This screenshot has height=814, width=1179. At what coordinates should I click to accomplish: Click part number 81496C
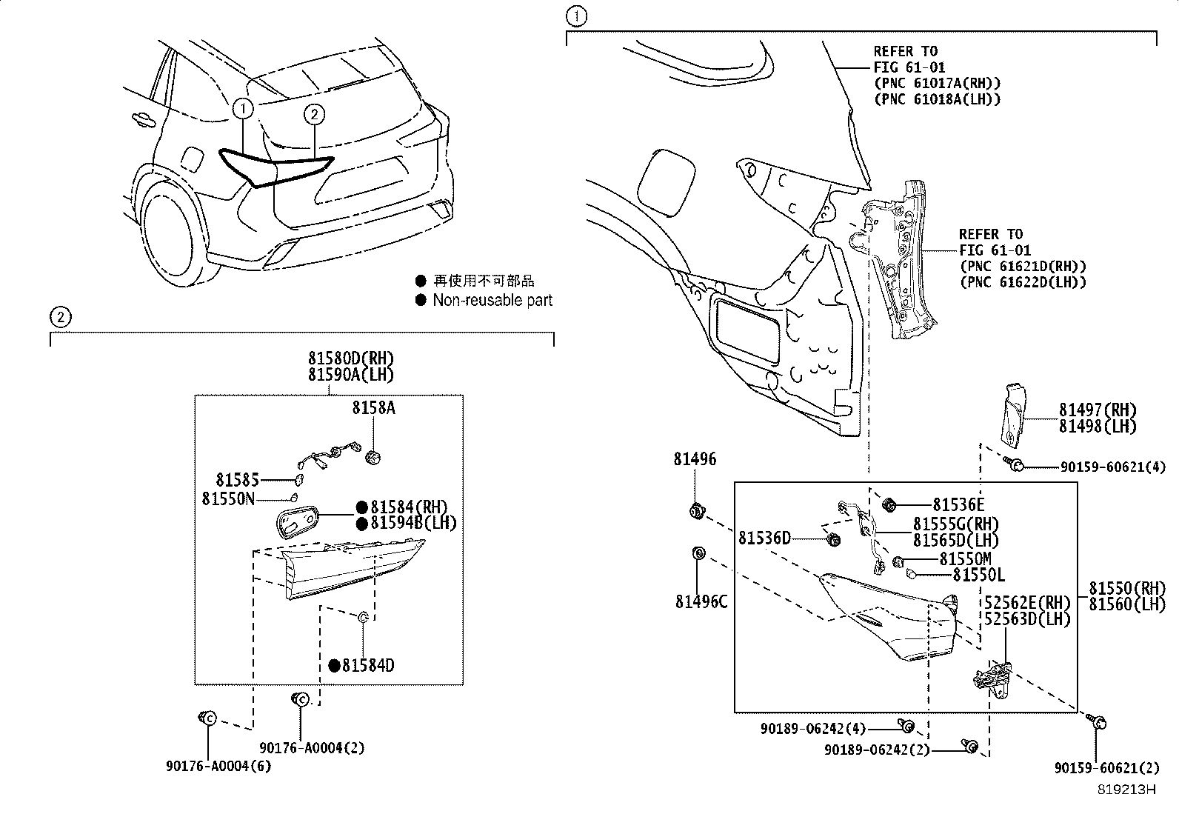(701, 601)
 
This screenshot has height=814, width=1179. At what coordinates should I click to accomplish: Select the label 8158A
(373, 407)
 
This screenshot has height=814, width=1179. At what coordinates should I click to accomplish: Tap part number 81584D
(368, 665)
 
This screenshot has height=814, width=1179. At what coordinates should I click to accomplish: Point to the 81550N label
(227, 498)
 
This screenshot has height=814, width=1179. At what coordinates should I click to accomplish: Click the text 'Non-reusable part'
(492, 300)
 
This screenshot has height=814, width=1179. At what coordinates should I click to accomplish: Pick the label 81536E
(958, 505)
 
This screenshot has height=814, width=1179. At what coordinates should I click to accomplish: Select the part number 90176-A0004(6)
(218, 766)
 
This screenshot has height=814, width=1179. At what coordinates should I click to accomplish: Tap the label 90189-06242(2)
(876, 750)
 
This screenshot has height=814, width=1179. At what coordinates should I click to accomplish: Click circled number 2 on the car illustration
(314, 114)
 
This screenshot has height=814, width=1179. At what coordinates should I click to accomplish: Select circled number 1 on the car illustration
(242, 109)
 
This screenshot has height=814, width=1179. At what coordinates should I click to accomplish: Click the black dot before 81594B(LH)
(362, 524)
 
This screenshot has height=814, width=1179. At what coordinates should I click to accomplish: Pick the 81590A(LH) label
(351, 376)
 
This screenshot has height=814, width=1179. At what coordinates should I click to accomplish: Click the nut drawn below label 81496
(697, 510)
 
